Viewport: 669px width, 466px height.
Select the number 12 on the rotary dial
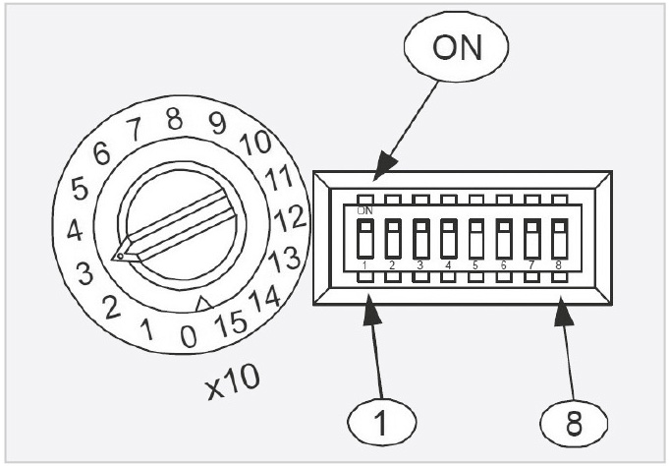click(291, 215)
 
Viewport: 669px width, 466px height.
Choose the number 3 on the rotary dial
click(85, 272)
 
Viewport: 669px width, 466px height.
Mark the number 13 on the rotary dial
click(285, 259)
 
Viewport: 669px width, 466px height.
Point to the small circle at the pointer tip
click(119, 258)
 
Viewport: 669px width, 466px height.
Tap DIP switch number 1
click(364, 239)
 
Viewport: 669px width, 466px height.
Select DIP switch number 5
click(475, 239)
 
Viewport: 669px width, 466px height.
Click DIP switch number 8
click(560, 239)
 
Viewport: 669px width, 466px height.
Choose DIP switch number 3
click(420, 239)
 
